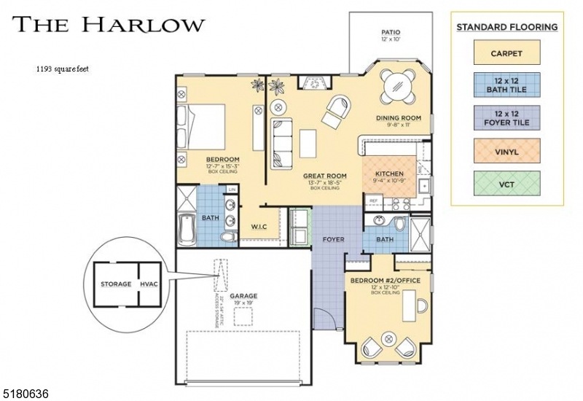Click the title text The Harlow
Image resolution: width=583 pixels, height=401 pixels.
click(x=108, y=24)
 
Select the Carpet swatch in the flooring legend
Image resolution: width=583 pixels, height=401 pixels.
click(x=506, y=53)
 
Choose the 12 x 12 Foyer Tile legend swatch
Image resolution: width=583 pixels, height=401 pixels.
click(x=506, y=118)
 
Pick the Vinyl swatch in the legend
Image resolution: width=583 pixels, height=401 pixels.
click(x=506, y=152)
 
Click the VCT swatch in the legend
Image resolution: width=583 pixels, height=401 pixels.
click(x=506, y=184)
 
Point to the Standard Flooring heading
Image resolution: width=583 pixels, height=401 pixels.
click(x=506, y=27)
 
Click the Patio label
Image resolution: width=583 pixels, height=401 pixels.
click(x=392, y=32)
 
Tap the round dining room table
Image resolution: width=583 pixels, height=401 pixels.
click(x=398, y=86)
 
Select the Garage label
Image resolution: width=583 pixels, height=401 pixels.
click(x=244, y=296)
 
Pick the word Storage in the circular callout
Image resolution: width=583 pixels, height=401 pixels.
click(x=117, y=284)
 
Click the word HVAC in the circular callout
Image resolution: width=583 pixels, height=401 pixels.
click(x=148, y=284)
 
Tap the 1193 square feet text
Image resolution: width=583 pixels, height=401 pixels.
click(x=63, y=70)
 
